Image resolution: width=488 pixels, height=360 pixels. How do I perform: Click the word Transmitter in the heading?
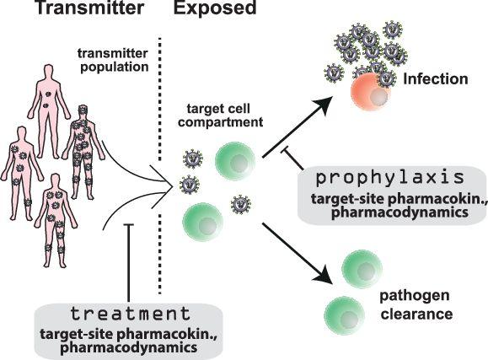[x=89, y=8]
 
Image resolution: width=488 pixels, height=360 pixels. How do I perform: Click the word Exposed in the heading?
[x=215, y=8]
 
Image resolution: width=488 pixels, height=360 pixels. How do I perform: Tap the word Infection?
[x=436, y=78]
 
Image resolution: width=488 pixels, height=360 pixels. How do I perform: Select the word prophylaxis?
[x=390, y=178]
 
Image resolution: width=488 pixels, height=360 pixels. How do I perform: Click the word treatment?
[x=130, y=314]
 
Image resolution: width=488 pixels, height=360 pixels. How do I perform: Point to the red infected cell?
[x=371, y=91]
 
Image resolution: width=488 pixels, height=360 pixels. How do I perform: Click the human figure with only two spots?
[x=48, y=111]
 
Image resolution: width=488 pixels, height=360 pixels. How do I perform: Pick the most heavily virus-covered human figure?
[x=83, y=152]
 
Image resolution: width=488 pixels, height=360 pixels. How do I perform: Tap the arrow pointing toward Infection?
[x=298, y=126]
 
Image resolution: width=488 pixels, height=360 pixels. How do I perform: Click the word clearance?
[x=416, y=314]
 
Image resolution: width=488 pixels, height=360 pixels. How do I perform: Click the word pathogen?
[x=415, y=296]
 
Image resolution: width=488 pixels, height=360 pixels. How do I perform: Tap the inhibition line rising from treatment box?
[x=129, y=263]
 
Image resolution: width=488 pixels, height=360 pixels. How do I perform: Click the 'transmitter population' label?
[x=113, y=61]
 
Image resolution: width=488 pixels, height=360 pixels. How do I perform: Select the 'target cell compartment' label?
[x=220, y=116]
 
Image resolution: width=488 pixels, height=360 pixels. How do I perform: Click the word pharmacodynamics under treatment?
[x=129, y=347]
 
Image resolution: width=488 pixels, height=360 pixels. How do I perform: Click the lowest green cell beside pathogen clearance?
[x=345, y=315]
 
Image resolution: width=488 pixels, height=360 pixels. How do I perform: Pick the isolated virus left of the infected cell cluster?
[x=334, y=73]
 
